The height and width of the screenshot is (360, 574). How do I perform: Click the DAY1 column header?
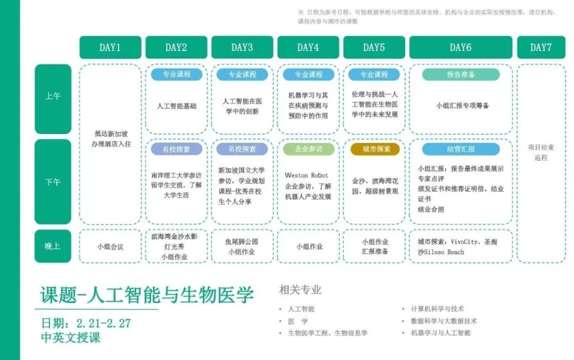coord(110,47)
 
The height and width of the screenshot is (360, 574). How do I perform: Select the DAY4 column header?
coord(308,47)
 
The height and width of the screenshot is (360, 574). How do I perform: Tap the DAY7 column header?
coord(541,47)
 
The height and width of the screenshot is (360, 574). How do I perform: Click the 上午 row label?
coord(53,97)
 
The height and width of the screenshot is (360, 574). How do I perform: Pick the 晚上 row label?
coord(53,246)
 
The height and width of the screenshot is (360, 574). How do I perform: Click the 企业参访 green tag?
coord(308,149)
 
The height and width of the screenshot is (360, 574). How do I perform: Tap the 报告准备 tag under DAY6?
coord(461,74)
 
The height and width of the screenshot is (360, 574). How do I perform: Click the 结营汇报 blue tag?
coord(461,149)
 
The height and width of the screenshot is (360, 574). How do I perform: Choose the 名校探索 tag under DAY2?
coord(176,149)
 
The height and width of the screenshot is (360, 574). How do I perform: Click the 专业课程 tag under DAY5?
coord(374,74)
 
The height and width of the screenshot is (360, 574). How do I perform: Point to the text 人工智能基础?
coord(176,106)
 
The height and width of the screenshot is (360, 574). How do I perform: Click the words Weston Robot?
coord(307,175)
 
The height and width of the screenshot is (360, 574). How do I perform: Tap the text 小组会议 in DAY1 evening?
coord(110,246)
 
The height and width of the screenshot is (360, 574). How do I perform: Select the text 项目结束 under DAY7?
coord(541,147)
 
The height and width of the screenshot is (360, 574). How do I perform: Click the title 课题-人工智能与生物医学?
coord(147,295)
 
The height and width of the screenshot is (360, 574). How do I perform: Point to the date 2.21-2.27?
coord(103,323)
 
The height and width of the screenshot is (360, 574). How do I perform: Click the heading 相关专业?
coord(300,290)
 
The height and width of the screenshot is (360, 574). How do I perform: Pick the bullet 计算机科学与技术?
coord(437,308)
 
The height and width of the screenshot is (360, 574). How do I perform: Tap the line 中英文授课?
coord(71,337)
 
